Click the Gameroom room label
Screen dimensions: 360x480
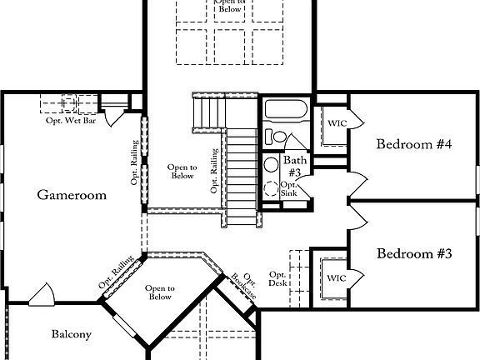pyautogui.click(x=72, y=195)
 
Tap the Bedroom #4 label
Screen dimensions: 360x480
pyautogui.click(x=413, y=144)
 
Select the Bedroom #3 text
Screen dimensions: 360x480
pyautogui.click(x=413, y=253)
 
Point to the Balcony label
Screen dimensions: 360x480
pyautogui.click(x=71, y=335)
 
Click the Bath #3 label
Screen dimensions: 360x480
pyautogui.click(x=294, y=165)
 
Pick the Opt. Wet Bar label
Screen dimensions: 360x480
pyautogui.click(x=71, y=120)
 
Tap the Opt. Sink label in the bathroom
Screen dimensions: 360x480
pyautogui.click(x=289, y=189)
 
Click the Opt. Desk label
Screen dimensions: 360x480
pyautogui.click(x=277, y=279)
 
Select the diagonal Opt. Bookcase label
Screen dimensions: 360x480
pyautogui.click(x=243, y=287)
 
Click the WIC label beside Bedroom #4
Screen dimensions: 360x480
pyautogui.click(x=337, y=123)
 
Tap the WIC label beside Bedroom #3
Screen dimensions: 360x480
pyautogui.click(x=335, y=277)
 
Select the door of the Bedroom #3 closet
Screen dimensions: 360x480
pyautogui.click(x=354, y=276)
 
